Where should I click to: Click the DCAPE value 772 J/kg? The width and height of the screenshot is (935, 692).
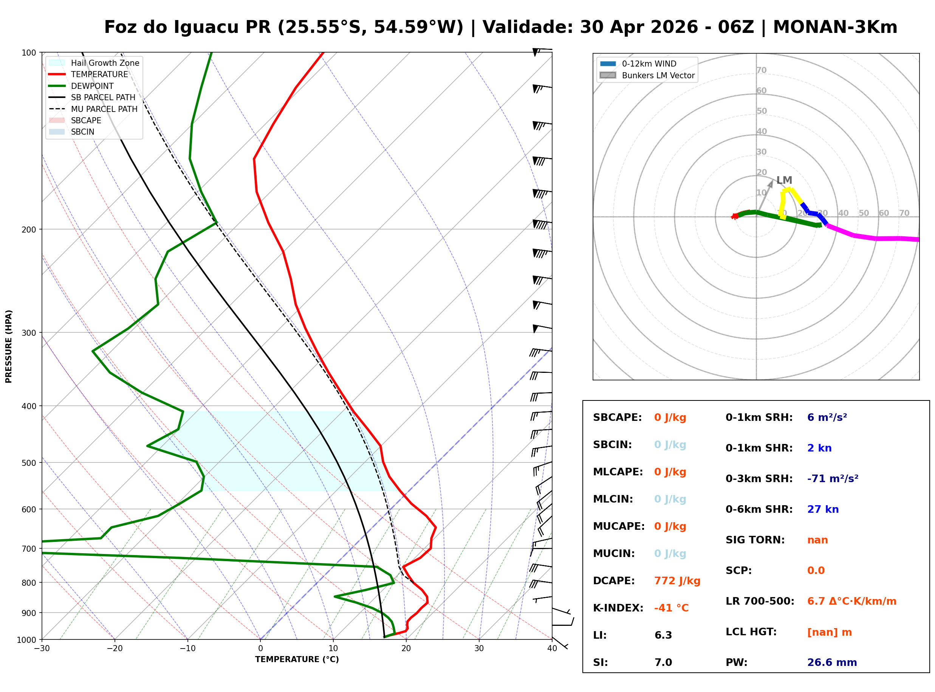click(x=677, y=581)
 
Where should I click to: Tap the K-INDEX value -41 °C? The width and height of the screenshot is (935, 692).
click(x=671, y=608)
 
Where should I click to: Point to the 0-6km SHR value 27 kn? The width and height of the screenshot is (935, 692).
click(x=822, y=509)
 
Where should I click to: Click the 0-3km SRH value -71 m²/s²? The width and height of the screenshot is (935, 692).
click(x=833, y=479)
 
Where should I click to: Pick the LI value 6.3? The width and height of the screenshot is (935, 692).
click(x=663, y=635)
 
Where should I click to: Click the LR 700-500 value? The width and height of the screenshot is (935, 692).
click(x=851, y=602)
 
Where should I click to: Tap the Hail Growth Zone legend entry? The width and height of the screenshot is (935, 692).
click(x=105, y=63)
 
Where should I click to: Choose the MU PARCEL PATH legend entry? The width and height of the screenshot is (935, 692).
click(x=104, y=109)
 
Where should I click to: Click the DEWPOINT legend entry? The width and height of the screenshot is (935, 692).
click(x=92, y=86)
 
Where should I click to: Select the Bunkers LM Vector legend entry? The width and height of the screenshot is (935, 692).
click(x=658, y=75)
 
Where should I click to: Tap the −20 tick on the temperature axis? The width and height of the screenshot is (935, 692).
click(x=114, y=649)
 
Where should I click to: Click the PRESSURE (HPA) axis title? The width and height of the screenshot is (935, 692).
click(x=9, y=346)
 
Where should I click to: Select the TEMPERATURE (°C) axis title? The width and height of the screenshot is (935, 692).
click(x=297, y=659)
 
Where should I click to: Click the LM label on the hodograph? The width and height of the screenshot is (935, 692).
click(x=784, y=180)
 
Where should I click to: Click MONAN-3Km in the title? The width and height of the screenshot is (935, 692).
click(x=835, y=27)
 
